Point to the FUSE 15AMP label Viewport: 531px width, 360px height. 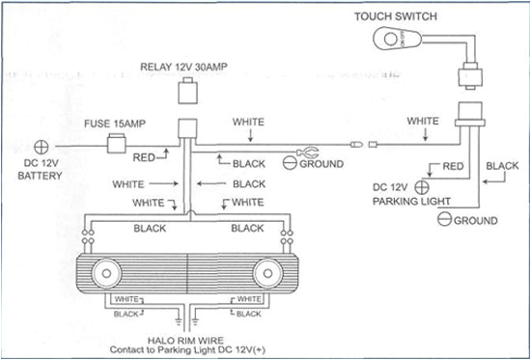click(x=115, y=125)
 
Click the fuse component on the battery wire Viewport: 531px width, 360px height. click(x=116, y=146)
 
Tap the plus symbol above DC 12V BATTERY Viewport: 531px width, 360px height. click(x=42, y=147)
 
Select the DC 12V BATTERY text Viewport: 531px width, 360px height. click(x=41, y=171)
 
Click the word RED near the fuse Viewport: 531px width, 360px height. click(x=145, y=155)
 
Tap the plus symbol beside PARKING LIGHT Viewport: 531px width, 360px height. click(x=422, y=186)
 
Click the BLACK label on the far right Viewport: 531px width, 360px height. click(x=502, y=166)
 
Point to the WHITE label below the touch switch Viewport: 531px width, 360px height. click(x=422, y=122)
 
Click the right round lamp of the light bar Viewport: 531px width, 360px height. click(x=266, y=274)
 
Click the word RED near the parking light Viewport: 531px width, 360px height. click(x=452, y=166)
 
